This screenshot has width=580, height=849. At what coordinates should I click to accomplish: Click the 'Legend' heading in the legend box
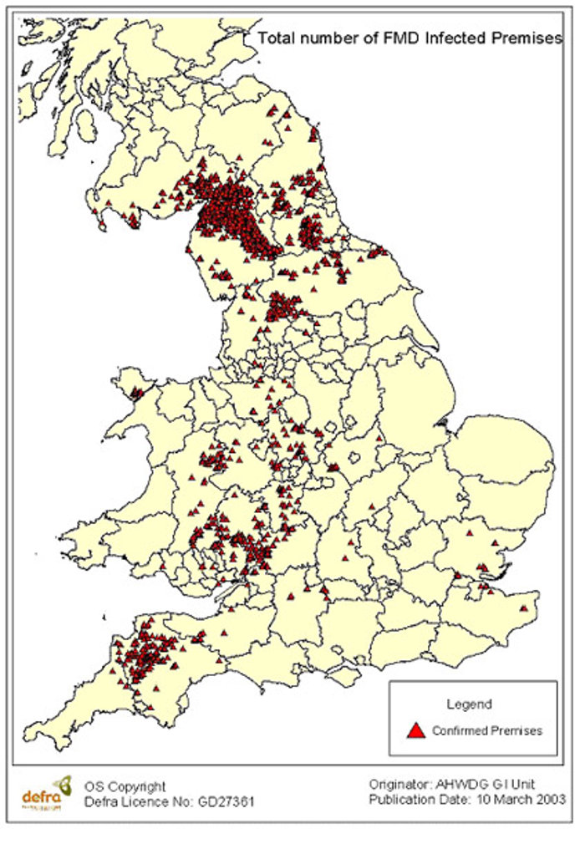[468, 704]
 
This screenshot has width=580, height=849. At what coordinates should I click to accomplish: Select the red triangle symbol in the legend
[415, 730]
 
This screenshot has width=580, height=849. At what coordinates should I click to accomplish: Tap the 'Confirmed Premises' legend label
[487, 730]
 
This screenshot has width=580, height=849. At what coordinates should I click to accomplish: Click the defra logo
[46, 791]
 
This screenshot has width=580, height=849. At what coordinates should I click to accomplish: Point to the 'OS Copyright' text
[125, 786]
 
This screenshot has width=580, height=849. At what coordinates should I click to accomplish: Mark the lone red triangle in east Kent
[524, 608]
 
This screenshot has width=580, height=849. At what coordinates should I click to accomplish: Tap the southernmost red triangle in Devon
[150, 709]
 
